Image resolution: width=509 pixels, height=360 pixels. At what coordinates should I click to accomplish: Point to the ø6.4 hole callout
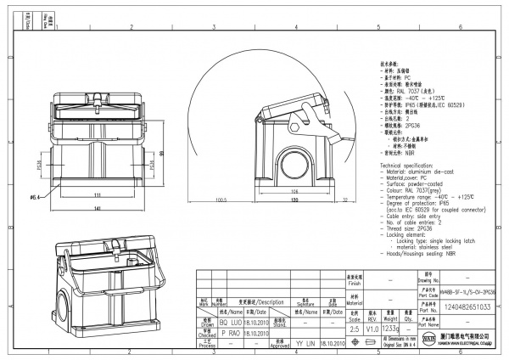coord(36,198)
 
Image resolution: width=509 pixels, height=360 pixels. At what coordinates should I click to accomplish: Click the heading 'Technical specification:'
coord(411,162)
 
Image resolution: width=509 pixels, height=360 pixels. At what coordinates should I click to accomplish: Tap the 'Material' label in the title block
coord(354,301)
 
